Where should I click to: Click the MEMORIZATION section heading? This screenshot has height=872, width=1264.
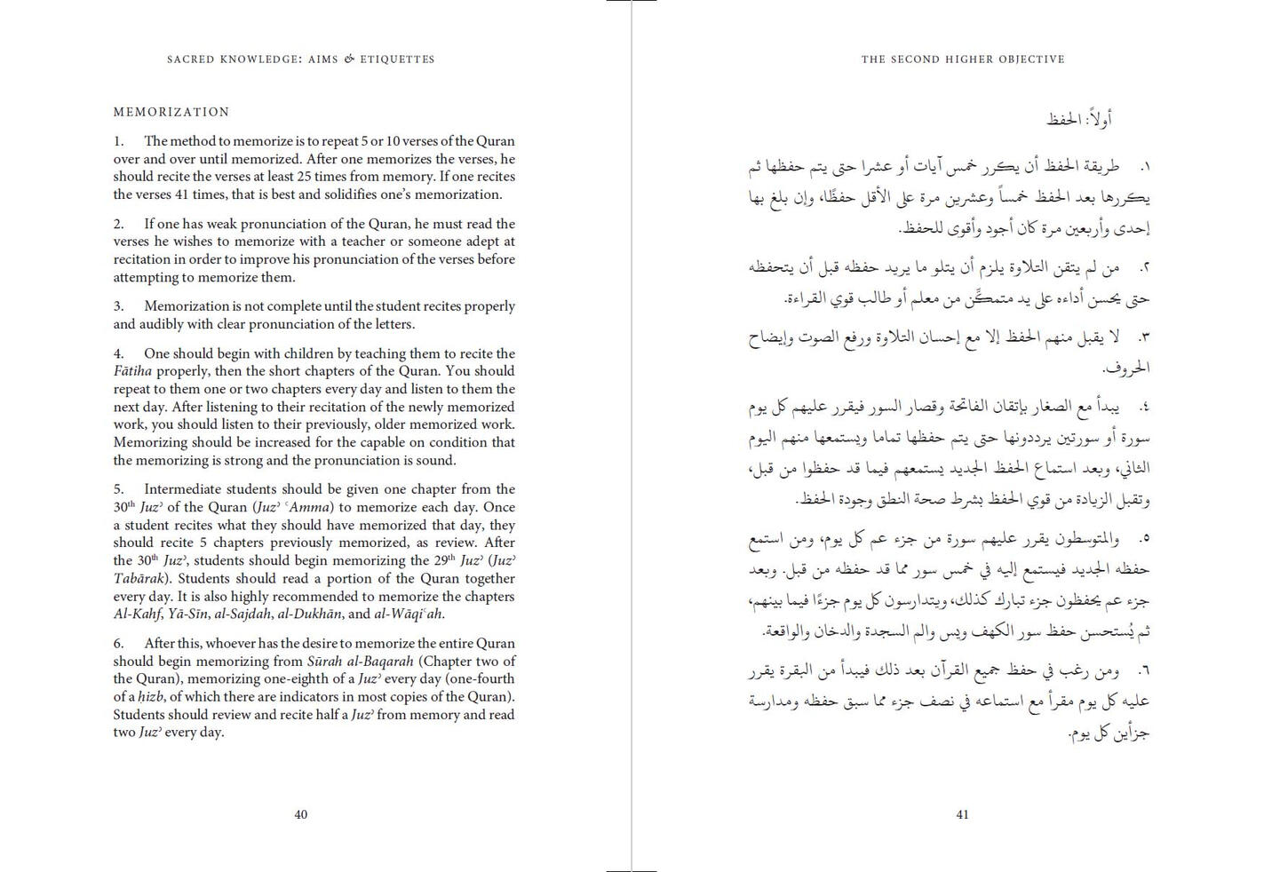[x=171, y=112]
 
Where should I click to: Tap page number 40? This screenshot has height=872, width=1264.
[x=301, y=814]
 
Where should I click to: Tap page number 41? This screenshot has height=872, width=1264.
[x=962, y=814]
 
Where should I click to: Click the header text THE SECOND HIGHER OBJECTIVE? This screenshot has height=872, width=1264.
[x=963, y=59]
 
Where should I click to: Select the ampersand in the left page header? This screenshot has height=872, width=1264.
[x=349, y=59]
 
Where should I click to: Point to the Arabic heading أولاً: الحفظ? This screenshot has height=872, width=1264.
[x=1079, y=119]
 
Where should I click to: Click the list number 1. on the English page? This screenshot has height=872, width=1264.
[x=118, y=141]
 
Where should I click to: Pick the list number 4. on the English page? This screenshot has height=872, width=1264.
[x=118, y=353]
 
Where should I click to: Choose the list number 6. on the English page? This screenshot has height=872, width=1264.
[x=118, y=644]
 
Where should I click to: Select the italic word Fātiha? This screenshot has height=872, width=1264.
[x=132, y=371]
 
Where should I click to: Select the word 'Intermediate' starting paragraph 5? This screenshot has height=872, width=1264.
[x=183, y=489]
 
